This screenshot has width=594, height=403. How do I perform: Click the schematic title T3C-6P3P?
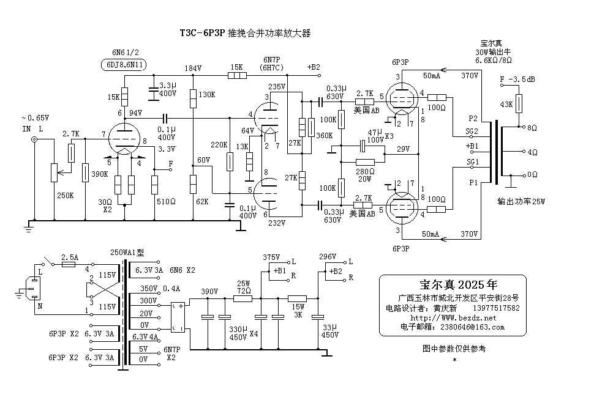[x=202, y=33]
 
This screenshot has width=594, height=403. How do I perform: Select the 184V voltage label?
[x=193, y=68]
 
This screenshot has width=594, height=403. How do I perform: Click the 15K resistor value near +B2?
[x=236, y=67]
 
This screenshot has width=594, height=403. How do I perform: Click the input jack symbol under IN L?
[x=34, y=139]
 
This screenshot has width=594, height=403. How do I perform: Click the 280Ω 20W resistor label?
[x=364, y=174]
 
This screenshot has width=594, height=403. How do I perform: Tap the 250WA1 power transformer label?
[x=127, y=252]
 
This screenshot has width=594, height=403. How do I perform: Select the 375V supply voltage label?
[x=271, y=257]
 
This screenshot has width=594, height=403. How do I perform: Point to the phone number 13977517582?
[x=497, y=308]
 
